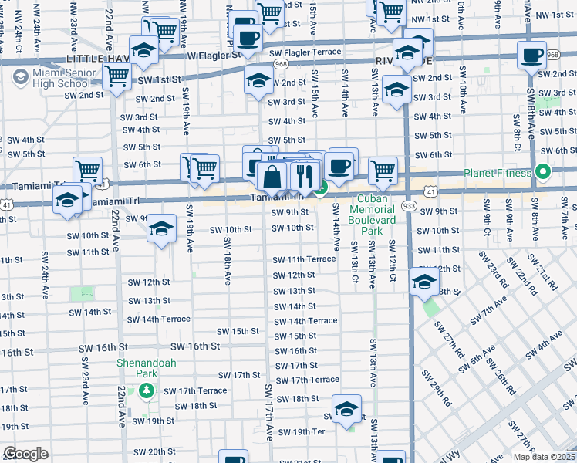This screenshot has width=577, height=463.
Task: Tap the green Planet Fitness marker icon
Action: (543, 172)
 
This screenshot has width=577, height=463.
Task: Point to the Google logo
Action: (25, 454)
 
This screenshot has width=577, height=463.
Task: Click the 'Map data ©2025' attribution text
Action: (544, 457)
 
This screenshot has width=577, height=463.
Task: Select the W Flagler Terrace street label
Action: (305, 52)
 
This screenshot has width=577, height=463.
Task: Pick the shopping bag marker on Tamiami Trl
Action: (272, 177)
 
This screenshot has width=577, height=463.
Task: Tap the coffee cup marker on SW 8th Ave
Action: (531, 55)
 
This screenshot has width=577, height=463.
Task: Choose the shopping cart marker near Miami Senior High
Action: (116, 76)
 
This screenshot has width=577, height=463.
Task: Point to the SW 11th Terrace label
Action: (304, 259)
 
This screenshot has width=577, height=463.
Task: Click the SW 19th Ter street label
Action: (301, 432)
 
